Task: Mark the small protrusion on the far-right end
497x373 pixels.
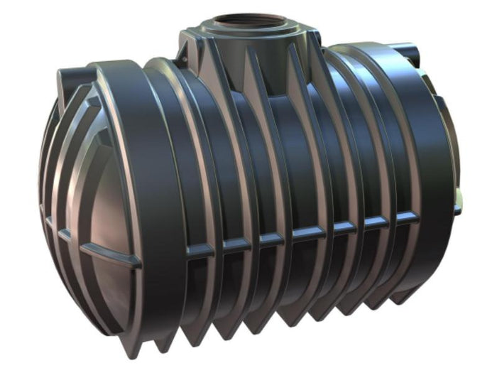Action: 457,208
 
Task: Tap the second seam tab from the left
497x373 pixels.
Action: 236,244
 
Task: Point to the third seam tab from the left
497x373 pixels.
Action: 271,239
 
